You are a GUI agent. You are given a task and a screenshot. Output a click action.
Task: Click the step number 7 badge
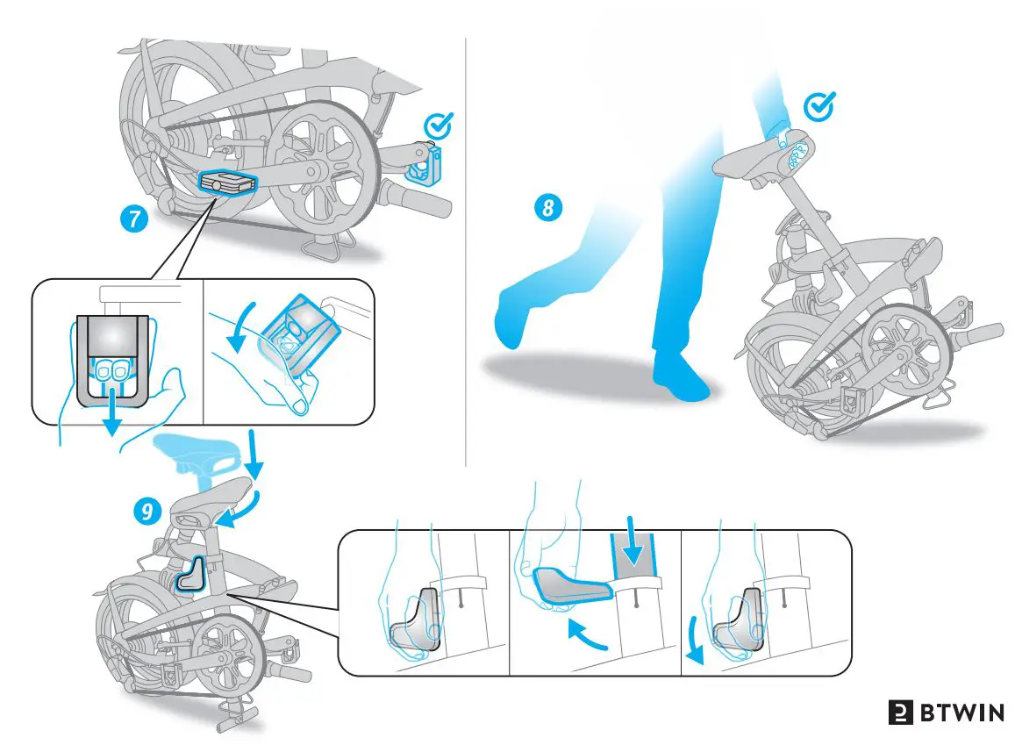tap(132, 219)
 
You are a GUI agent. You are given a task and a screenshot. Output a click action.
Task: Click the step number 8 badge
tap(547, 208)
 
